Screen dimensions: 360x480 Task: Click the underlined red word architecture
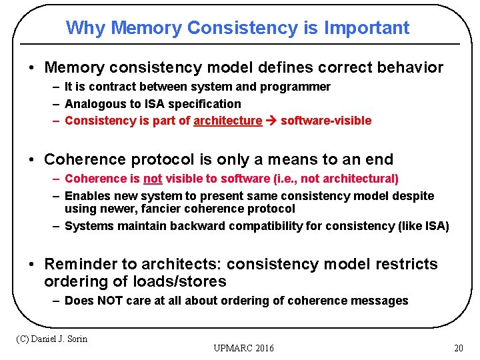(227, 121)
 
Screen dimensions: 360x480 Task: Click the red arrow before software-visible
(271, 121)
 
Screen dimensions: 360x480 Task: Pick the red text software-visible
(326, 121)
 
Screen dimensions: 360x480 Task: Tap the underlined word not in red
(153, 179)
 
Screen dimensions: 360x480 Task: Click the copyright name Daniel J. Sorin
(60, 339)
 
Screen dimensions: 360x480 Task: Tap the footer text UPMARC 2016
(243, 348)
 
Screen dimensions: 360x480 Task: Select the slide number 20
(458, 348)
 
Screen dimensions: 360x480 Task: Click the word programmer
(299, 87)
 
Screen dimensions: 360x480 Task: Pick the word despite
(412, 196)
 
